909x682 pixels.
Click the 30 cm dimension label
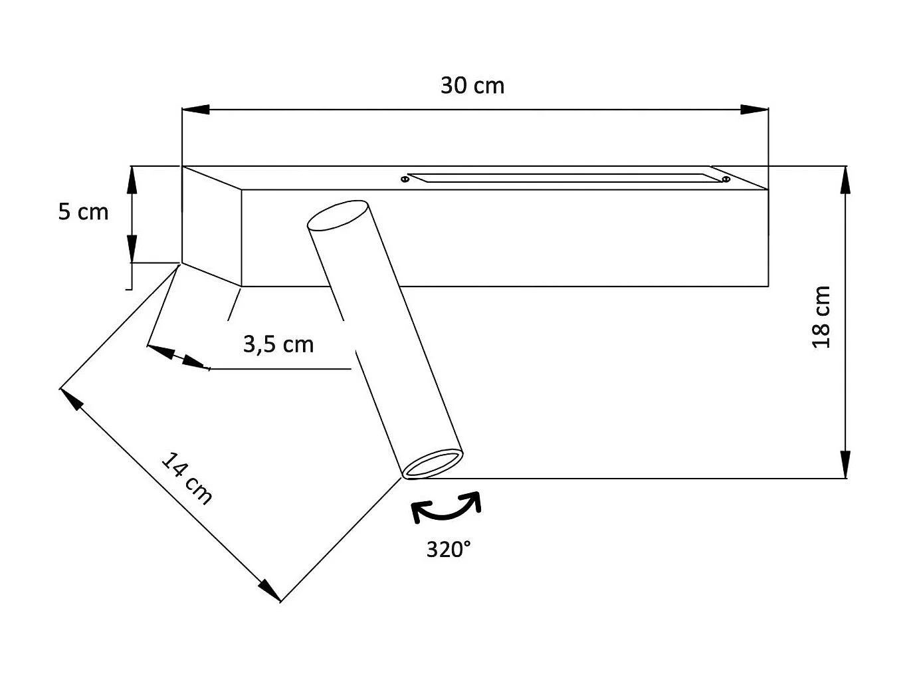472,86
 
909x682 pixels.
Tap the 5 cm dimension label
83,211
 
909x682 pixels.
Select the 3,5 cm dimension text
278,344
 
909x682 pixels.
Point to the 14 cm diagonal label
187,479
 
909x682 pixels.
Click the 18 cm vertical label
821,317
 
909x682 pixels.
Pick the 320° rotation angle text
449,550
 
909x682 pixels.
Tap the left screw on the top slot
405,179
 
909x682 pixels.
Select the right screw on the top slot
725,179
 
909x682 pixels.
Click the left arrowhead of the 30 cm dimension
195,110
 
